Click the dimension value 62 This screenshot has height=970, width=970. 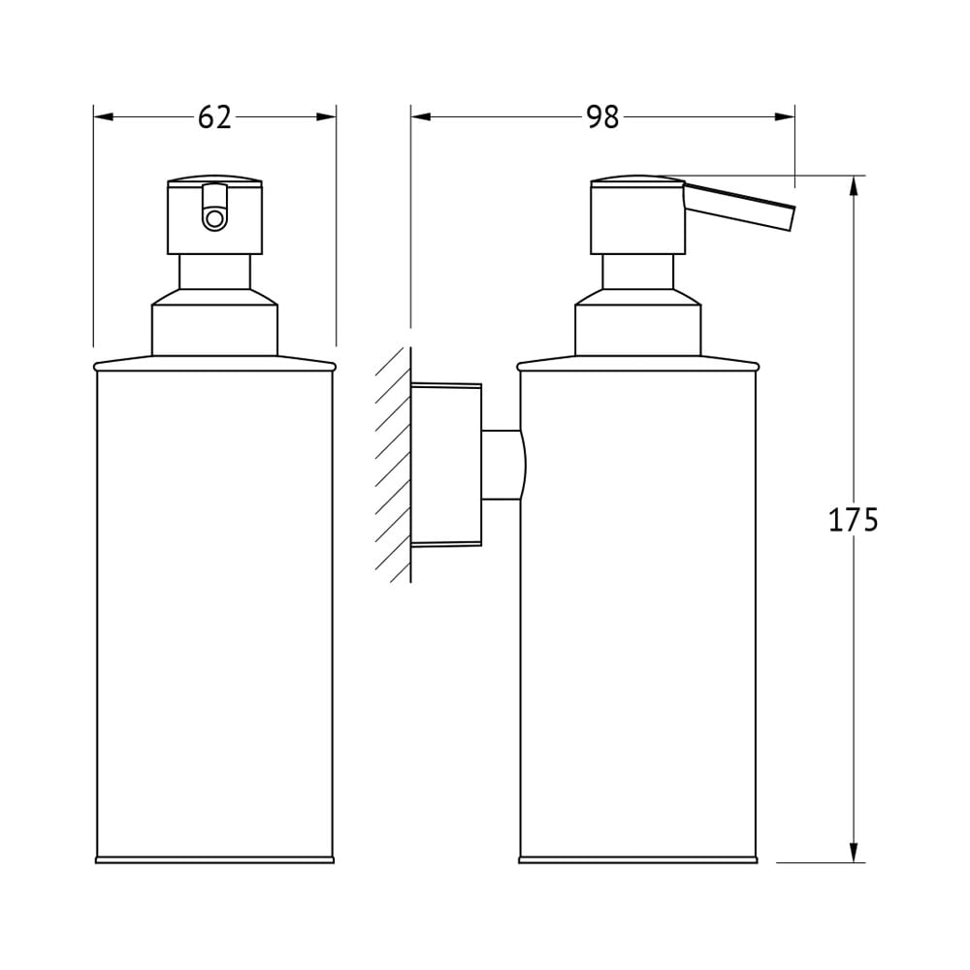click(214, 117)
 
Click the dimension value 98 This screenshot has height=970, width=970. click(602, 117)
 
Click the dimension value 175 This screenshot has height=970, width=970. click(853, 520)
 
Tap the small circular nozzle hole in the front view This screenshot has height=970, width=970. click(214, 217)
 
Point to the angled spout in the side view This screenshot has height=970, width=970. click(738, 206)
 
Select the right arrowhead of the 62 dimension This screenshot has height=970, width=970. click(326, 117)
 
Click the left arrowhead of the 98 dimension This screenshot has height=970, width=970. click(421, 117)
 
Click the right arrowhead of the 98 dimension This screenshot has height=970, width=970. click(785, 117)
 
